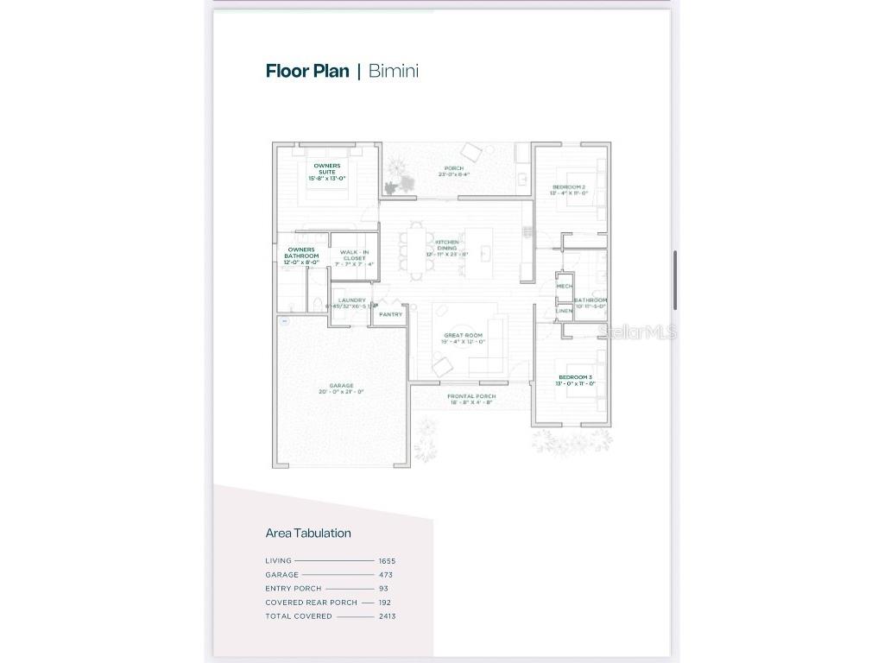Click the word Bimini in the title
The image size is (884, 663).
394,71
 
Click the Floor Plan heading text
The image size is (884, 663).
307,71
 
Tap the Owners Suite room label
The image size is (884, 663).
326,168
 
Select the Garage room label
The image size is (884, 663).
341,386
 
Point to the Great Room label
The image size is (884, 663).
463,335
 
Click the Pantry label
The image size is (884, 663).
390,314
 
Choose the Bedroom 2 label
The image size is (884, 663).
569,187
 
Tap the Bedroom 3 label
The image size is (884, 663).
575,377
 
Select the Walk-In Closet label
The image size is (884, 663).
354,256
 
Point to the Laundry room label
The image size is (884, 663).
351,300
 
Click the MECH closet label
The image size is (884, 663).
564,286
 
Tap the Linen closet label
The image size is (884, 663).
564,310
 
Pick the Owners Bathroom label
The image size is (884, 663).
301,253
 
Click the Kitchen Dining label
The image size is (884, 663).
446,245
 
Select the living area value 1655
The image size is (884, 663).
387,560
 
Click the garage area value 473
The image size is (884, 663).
386,574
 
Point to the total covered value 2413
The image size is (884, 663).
387,616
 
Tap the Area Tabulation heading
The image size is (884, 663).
308,533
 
